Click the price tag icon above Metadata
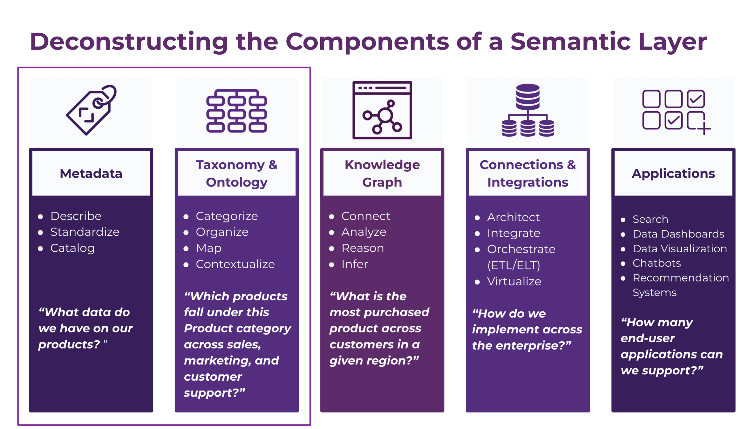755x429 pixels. (x=91, y=110)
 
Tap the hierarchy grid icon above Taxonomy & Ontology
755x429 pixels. (x=237, y=111)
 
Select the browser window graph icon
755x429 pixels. (x=382, y=110)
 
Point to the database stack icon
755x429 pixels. (x=528, y=110)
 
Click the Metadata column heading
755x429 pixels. (x=91, y=173)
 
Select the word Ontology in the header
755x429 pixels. (x=237, y=182)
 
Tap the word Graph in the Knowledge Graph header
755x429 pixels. (x=382, y=182)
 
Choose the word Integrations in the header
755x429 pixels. (x=528, y=182)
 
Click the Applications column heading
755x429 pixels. (x=673, y=173)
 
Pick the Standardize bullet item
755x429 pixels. (x=85, y=232)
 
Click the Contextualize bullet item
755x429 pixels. (x=235, y=264)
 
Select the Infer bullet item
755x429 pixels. (x=354, y=264)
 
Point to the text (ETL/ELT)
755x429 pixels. (x=514, y=265)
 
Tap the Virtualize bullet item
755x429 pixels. (x=514, y=281)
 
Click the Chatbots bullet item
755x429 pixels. (x=656, y=263)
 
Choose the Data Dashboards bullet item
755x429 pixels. (x=678, y=234)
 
